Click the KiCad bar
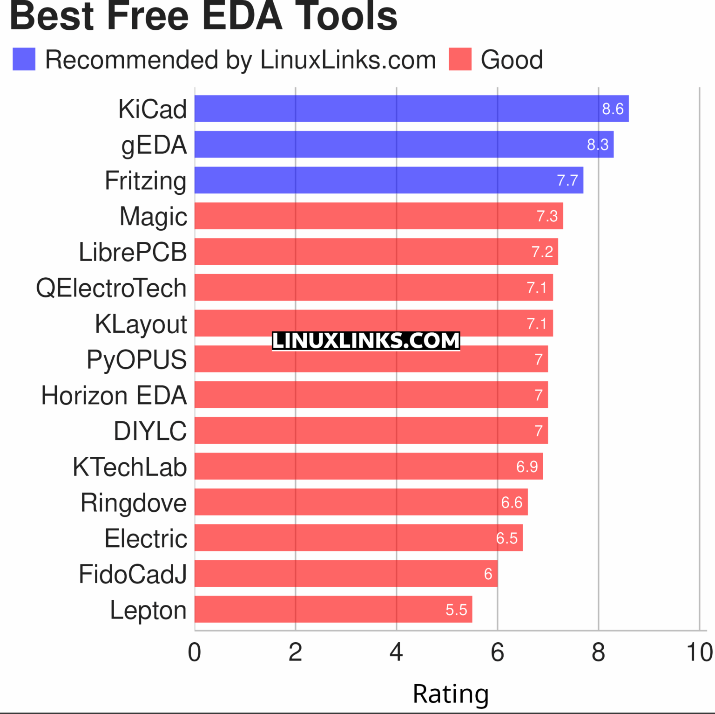click(x=411, y=109)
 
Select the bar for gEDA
click(x=404, y=144)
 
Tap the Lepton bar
click(x=333, y=609)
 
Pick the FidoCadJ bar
click(x=346, y=573)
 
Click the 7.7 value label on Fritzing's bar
click(x=567, y=180)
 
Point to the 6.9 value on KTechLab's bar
click(x=527, y=467)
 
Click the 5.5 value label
click(x=456, y=610)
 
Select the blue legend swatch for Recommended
click(x=24, y=59)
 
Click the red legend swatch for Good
click(x=460, y=59)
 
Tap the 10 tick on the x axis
click(x=700, y=652)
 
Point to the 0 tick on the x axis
click(x=195, y=652)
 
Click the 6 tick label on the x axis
click(x=497, y=652)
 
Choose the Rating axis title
click(x=451, y=694)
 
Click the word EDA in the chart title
click(x=242, y=16)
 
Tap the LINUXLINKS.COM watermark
click(x=366, y=341)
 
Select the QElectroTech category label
click(x=111, y=288)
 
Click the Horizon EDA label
click(x=114, y=396)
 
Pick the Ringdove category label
click(x=134, y=503)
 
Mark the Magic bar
click(x=378, y=216)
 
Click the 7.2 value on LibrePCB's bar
click(x=542, y=252)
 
